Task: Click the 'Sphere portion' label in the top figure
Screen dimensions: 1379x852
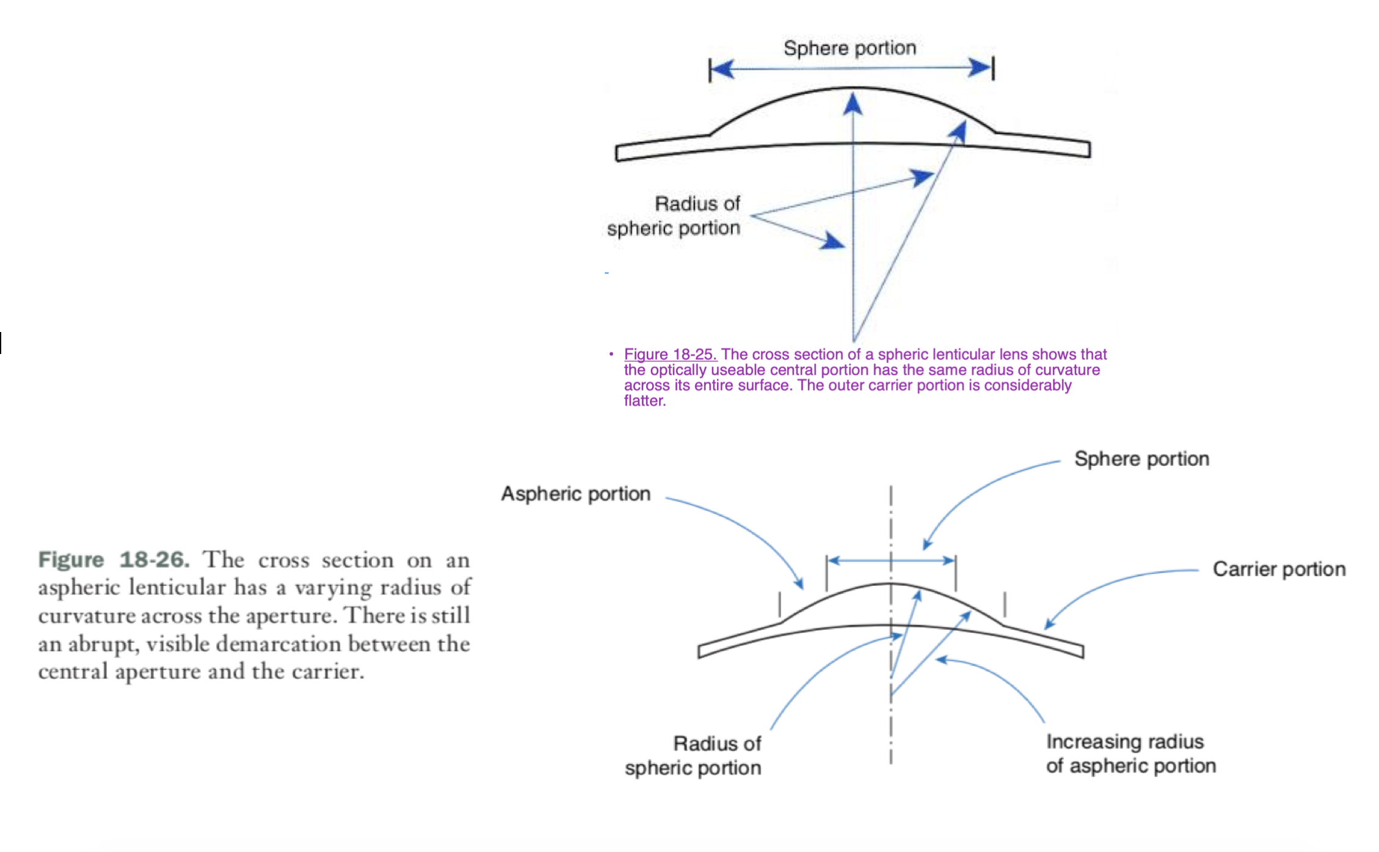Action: pyautogui.click(x=850, y=48)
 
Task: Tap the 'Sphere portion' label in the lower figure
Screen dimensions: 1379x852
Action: pyautogui.click(x=1141, y=459)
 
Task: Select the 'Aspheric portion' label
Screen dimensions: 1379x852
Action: pyautogui.click(x=576, y=494)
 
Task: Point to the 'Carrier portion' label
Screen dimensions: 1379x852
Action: pyautogui.click(x=1279, y=569)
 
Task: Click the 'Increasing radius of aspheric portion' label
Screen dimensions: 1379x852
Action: pyautogui.click(x=1131, y=754)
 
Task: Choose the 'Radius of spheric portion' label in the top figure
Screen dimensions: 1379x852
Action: pyautogui.click(x=674, y=215)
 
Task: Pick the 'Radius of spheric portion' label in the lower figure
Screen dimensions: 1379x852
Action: pyautogui.click(x=693, y=756)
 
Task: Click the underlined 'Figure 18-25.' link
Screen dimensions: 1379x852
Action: pyautogui.click(x=670, y=354)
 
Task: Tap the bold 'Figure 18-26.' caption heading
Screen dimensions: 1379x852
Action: pyautogui.click(x=114, y=560)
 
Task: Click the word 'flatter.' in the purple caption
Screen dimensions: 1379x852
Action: pyautogui.click(x=644, y=400)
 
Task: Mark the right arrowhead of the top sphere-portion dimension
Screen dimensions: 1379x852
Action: pyautogui.click(x=981, y=68)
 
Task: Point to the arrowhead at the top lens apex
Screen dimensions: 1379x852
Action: pyautogui.click(x=853, y=103)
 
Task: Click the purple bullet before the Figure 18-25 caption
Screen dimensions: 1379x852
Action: pyautogui.click(x=611, y=354)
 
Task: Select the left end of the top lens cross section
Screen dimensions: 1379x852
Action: pyautogui.click(x=617, y=153)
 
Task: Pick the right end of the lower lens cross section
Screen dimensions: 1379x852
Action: pyautogui.click(x=1083, y=651)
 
